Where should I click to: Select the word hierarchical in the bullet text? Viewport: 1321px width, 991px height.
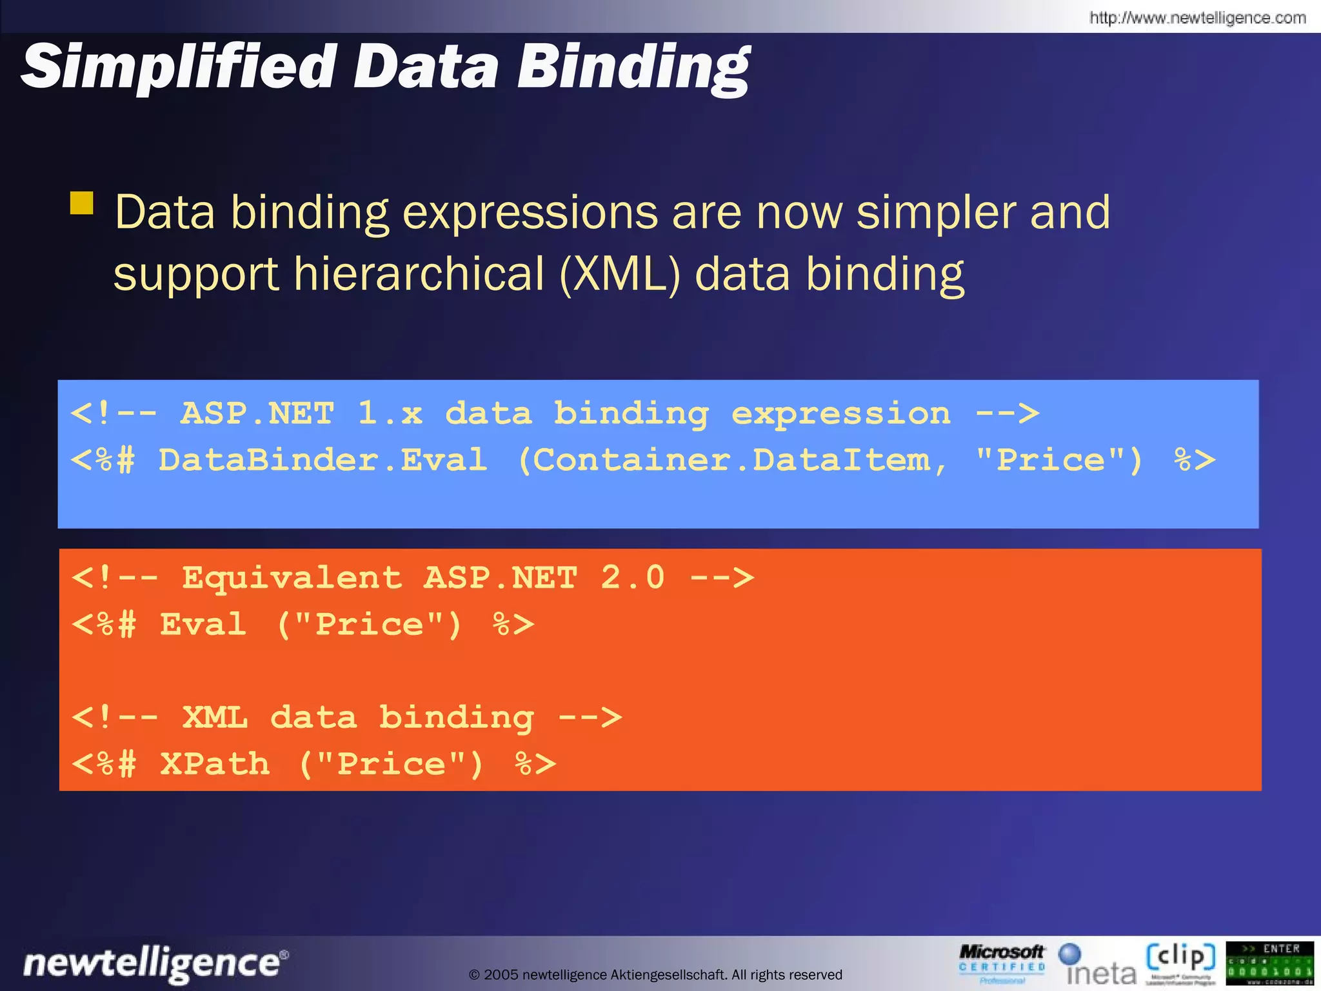coord(419,274)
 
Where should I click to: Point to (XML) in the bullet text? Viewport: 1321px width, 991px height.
coord(620,274)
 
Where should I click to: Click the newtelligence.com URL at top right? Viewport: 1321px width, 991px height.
coord(1197,17)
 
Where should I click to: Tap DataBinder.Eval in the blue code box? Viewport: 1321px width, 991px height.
coord(323,460)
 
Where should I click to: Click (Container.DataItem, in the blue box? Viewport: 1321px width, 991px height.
coord(733,460)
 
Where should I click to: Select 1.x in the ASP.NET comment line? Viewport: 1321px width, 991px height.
coord(390,413)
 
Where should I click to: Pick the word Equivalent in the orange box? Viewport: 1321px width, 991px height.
coord(292,577)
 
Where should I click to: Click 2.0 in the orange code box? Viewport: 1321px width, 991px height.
coord(632,577)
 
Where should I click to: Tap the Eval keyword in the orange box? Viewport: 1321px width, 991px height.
coord(203,624)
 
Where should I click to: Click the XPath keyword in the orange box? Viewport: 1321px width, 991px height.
coord(215,764)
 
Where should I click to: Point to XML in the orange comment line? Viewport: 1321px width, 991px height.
coord(215,717)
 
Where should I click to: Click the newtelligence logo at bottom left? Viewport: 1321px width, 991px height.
coord(155,963)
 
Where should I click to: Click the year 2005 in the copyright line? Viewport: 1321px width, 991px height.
coord(501,975)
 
